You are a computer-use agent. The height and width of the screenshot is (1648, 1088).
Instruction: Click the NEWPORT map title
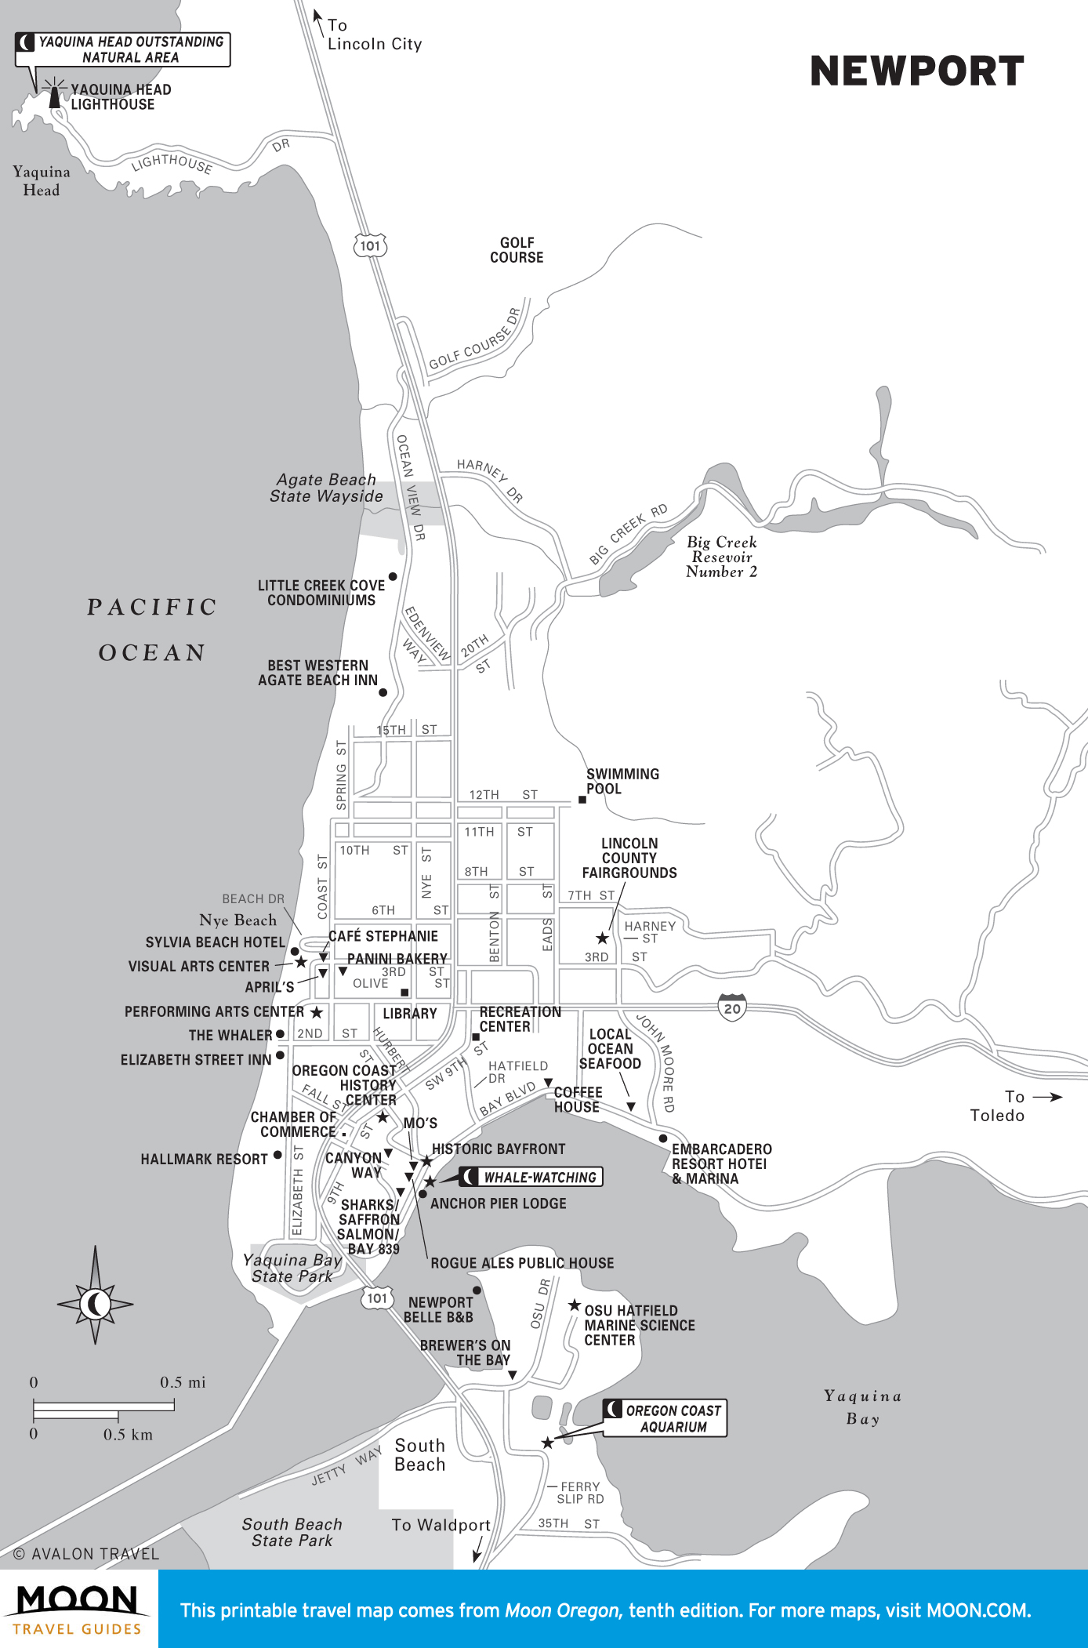(x=916, y=71)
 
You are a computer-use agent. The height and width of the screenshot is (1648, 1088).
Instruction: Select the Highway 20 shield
(x=732, y=1008)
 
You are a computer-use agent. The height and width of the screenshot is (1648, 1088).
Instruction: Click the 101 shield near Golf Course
(x=370, y=246)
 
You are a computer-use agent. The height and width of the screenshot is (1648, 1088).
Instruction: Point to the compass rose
(x=96, y=1305)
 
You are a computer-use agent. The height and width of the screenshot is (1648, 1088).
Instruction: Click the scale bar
(x=103, y=1409)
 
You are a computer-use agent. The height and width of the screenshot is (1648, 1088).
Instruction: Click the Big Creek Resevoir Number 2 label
(x=721, y=557)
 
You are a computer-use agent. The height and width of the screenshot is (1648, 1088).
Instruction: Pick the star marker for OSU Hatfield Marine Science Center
(x=575, y=1305)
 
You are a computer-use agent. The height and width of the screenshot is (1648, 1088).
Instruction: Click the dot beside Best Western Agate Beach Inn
(x=383, y=692)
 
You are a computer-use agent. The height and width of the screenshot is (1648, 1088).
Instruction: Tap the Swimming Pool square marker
(x=582, y=800)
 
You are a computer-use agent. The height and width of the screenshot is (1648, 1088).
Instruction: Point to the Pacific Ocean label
(x=152, y=630)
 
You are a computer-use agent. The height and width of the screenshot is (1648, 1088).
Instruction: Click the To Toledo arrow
(x=1047, y=1097)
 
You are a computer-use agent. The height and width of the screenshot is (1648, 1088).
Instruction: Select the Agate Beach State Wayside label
(x=326, y=488)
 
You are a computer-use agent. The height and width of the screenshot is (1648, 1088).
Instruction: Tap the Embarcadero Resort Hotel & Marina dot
(x=663, y=1138)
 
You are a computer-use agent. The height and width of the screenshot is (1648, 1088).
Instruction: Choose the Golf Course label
(x=517, y=250)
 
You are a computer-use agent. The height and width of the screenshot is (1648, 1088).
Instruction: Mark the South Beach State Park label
(x=292, y=1532)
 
